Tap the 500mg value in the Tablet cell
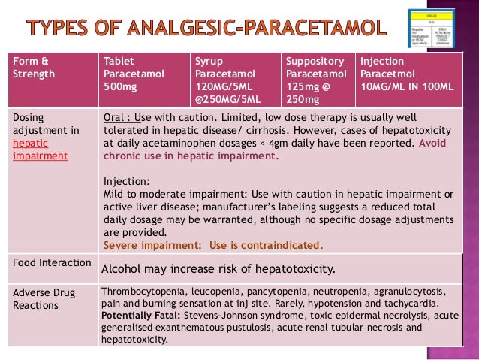pos(119,86)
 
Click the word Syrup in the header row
pos(209,62)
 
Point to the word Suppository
pos(315,62)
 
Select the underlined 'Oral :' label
pos(118,119)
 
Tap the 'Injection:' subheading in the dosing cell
pos(125,180)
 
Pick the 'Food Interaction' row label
pos(45,263)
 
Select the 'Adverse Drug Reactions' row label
pos(38,300)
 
